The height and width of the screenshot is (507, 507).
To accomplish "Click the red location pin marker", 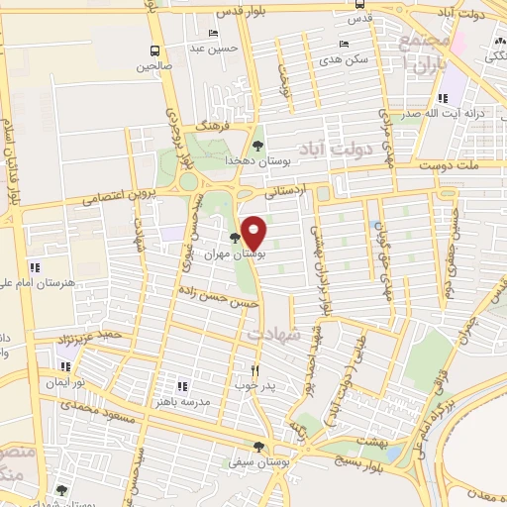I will point(254,231).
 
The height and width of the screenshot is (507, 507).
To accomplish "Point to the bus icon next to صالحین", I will point(155,51).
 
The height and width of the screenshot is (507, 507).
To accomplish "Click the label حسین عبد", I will point(210,47).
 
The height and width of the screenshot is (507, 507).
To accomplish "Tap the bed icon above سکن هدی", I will point(344,45).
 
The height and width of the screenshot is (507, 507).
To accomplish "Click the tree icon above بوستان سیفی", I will point(259,447).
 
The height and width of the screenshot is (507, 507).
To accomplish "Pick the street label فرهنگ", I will point(212,128).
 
